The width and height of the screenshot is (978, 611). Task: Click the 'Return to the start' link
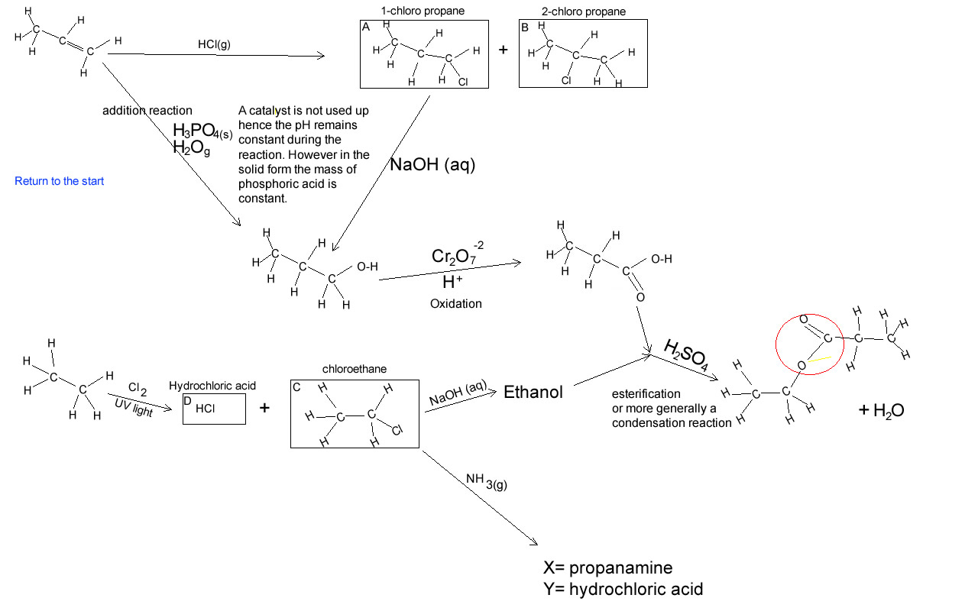59,181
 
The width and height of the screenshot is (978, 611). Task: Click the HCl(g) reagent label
214,44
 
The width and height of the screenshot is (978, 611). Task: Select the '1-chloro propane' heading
423,11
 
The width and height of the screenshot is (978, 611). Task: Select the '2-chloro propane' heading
583,11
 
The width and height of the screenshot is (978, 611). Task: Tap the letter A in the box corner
366,27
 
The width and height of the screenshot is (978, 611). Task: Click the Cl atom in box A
462,81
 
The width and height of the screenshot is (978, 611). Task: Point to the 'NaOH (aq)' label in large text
432,164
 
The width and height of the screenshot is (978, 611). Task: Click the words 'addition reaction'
147,111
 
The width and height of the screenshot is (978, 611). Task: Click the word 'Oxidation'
455,303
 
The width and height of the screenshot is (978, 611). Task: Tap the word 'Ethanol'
533,393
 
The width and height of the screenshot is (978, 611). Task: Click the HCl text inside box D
206,409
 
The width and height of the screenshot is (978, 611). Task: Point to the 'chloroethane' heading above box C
355,369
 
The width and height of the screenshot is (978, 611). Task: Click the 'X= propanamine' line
607,568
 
